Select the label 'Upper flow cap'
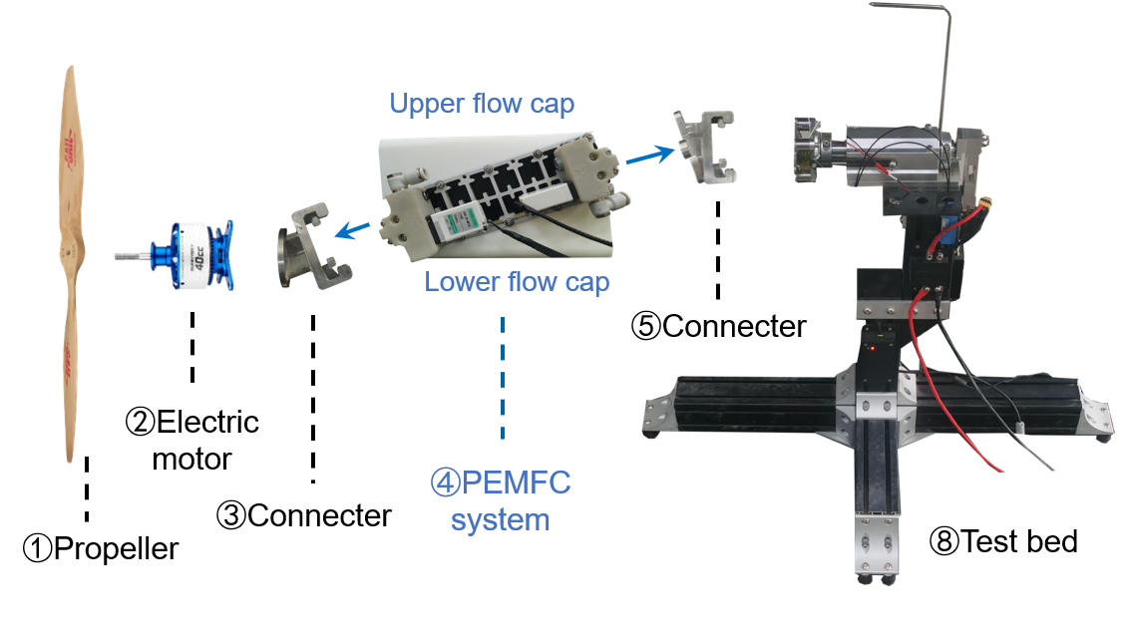click(482, 104)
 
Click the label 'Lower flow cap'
click(516, 281)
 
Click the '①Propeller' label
click(103, 547)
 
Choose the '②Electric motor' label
click(191, 439)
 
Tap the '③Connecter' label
click(304, 515)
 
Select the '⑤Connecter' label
click(718, 325)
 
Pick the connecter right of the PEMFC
click(707, 148)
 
